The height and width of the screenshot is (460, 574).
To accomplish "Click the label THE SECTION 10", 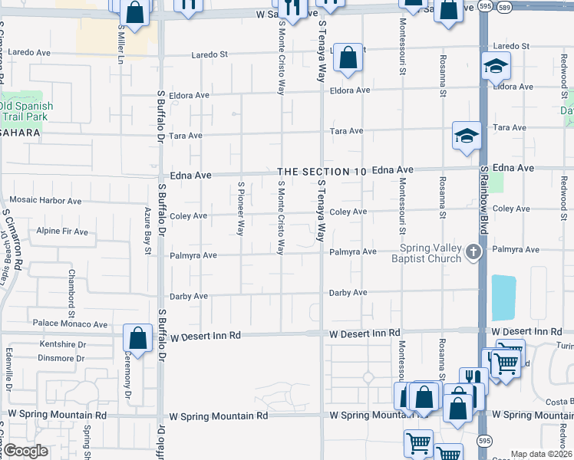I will pyautogui.click(x=322, y=172).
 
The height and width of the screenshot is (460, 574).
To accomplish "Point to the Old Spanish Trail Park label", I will pyautogui.click(x=26, y=112).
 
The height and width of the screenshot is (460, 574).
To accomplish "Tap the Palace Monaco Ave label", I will pyautogui.click(x=70, y=324).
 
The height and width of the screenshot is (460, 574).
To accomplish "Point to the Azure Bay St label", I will pyautogui.click(x=147, y=230).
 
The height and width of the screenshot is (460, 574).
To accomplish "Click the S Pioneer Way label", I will pyautogui.click(x=241, y=208).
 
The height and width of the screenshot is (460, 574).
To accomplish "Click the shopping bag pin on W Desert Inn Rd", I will pyautogui.click(x=137, y=337).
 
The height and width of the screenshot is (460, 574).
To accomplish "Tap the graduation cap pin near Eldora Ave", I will pyautogui.click(x=496, y=66).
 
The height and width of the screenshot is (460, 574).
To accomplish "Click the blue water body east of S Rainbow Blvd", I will pyautogui.click(x=503, y=297).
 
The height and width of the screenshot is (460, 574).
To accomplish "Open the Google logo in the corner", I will pyautogui.click(x=25, y=451).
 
